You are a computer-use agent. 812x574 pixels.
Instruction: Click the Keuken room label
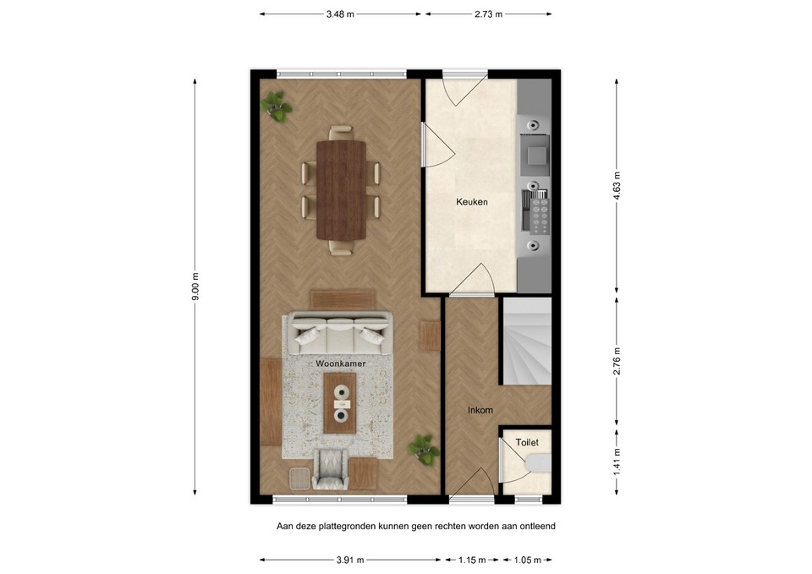[472, 203]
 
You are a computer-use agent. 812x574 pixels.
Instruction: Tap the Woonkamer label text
[341, 363]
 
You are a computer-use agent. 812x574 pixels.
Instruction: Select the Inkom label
[480, 411]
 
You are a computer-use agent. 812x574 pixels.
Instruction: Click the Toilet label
[527, 442]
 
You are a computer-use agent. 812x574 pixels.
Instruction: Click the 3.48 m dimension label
[341, 14]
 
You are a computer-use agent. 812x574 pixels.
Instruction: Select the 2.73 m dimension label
[487, 14]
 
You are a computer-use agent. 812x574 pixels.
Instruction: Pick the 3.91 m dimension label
[348, 560]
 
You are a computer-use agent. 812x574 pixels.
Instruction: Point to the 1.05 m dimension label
[529, 560]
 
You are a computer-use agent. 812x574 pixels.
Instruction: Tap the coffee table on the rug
[341, 403]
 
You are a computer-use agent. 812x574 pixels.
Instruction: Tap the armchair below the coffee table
[331, 469]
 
